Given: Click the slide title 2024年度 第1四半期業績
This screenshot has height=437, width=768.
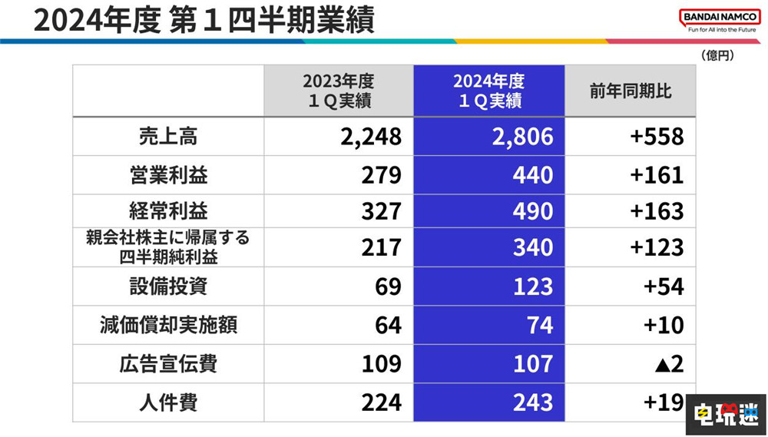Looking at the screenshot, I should (x=204, y=20).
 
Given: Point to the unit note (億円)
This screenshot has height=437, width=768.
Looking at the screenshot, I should (x=718, y=55).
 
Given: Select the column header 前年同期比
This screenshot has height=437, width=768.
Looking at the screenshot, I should (x=631, y=91).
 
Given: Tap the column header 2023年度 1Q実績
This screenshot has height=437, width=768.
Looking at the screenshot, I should (x=338, y=91).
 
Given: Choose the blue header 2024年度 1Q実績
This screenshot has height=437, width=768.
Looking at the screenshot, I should (x=488, y=91).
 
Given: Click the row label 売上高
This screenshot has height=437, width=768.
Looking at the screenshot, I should (x=168, y=137).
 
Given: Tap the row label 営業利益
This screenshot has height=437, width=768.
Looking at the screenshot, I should (x=168, y=174).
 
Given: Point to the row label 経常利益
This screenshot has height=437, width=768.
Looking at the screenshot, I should (x=168, y=211).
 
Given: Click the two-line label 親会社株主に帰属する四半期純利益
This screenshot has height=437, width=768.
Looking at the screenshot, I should (x=168, y=247).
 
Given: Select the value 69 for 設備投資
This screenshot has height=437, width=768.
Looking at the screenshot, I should (x=387, y=286).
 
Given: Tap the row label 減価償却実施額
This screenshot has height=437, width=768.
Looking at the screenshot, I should (x=168, y=324).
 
